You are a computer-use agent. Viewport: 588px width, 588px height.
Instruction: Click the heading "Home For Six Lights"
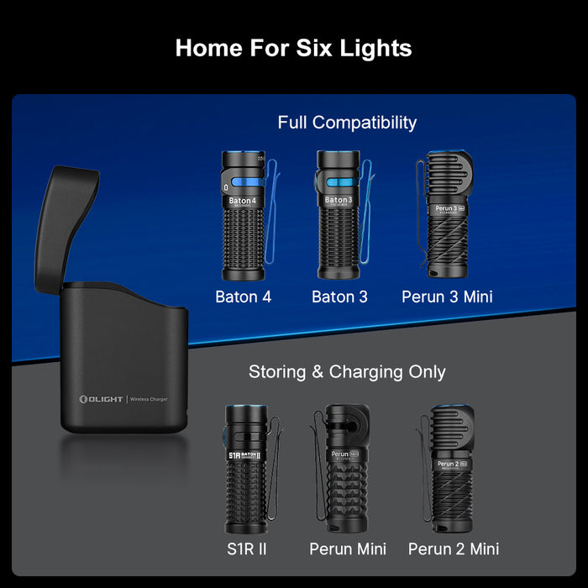(293, 48)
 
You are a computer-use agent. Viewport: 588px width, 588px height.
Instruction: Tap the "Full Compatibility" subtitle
(347, 123)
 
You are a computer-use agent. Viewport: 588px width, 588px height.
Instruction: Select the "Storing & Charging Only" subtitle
(347, 371)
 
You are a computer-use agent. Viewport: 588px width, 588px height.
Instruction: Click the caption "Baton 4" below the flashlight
(244, 297)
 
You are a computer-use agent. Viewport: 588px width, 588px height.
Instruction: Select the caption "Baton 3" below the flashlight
(339, 297)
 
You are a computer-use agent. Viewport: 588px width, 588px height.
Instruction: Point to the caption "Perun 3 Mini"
(447, 297)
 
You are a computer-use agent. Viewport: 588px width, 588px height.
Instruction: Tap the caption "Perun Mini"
(348, 549)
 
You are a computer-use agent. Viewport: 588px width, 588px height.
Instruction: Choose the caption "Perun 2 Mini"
(454, 549)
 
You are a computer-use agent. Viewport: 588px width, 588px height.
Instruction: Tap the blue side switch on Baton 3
(339, 184)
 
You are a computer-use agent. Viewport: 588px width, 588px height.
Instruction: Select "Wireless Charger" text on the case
(150, 399)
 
